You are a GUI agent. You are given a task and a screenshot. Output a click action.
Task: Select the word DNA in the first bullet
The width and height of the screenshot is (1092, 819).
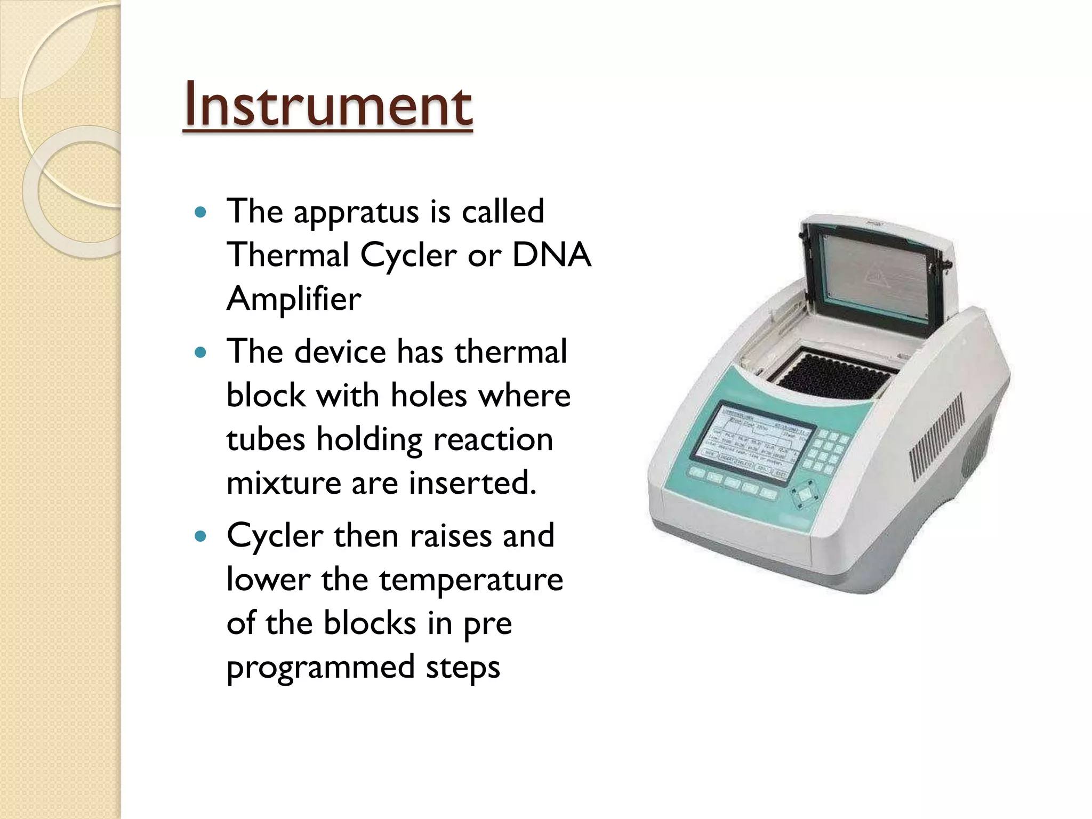click(x=551, y=255)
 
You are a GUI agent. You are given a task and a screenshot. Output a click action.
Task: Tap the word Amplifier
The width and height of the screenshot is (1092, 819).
click(x=294, y=299)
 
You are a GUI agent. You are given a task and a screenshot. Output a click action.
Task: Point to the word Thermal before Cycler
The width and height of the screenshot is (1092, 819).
click(x=288, y=255)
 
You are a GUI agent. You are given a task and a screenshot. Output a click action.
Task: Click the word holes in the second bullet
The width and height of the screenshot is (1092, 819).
click(x=428, y=396)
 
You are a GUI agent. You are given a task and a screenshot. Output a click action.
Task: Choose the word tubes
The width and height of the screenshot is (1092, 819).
click(x=266, y=439)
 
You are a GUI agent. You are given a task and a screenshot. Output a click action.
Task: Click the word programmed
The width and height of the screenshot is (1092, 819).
click(x=320, y=668)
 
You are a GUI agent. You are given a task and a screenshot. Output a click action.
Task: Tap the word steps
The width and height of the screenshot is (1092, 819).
click(x=463, y=668)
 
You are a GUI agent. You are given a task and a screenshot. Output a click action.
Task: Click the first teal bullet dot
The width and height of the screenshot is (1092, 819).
click(x=200, y=213)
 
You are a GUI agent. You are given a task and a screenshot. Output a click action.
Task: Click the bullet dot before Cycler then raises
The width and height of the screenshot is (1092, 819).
click(x=200, y=536)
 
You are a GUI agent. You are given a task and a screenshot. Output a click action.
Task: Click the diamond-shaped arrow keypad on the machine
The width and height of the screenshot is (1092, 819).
click(x=806, y=494)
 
